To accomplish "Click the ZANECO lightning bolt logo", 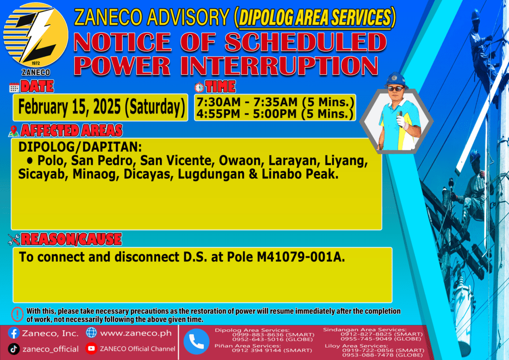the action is click(x=36, y=35).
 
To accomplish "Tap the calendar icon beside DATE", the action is click(x=14, y=88).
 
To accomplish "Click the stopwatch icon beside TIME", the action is click(x=199, y=88).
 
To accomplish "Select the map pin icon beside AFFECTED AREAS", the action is click(x=13, y=131).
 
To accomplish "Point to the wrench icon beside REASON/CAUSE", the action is click(x=14, y=240).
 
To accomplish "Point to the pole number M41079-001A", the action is click(x=301, y=257).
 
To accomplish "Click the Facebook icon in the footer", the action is click(x=13, y=333).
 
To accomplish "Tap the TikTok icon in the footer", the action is click(x=13, y=349).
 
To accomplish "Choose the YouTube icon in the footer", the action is click(x=91, y=348).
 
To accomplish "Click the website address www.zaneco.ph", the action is click(x=136, y=333).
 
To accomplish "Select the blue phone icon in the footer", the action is click(x=196, y=341).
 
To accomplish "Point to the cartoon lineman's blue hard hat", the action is click(x=396, y=80).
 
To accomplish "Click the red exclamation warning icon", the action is click(x=17, y=314).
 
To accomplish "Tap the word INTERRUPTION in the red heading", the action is click(x=279, y=66).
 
